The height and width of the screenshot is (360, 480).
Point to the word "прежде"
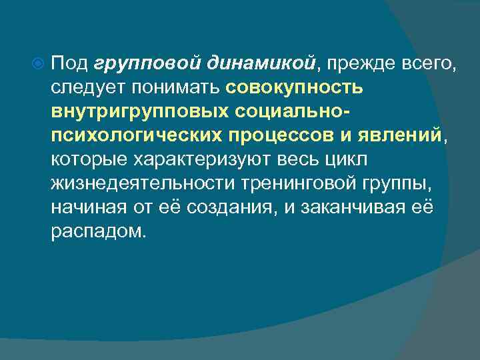358,64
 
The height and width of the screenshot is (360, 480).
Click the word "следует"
87,89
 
